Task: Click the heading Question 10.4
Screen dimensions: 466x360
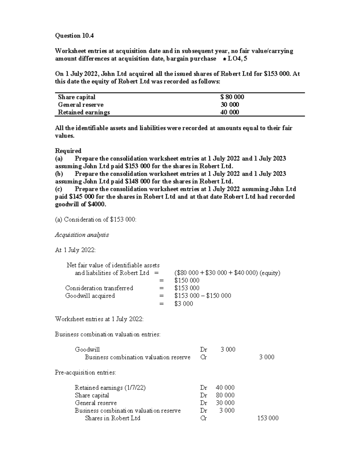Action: pos(74,36)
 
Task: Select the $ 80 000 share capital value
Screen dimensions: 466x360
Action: pos(232,97)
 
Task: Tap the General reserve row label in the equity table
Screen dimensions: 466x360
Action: pos(81,105)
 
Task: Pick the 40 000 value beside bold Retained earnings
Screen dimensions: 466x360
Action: pos(230,112)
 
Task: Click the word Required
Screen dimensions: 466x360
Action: pos(68,151)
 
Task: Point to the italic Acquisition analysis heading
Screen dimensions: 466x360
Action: pos(82,235)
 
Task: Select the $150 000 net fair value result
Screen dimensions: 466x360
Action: pos(187,281)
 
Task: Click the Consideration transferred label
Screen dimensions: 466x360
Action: pos(99,288)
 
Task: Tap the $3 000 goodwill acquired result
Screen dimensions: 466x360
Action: pos(184,304)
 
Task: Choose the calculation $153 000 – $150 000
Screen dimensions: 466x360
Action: pos(202,296)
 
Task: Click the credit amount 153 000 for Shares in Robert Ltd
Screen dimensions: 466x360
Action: pos(268,418)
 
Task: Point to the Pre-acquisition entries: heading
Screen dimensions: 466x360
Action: pos(85,372)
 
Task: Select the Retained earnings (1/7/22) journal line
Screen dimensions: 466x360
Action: pos(110,388)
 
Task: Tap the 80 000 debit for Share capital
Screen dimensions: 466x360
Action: pos(225,395)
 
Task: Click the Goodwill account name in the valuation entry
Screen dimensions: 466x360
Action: pos(87,349)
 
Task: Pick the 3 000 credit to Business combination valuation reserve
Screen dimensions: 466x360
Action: pos(267,357)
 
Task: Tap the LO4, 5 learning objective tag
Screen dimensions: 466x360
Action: pos(238,59)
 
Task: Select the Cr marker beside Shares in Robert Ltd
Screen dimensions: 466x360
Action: pos(203,418)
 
